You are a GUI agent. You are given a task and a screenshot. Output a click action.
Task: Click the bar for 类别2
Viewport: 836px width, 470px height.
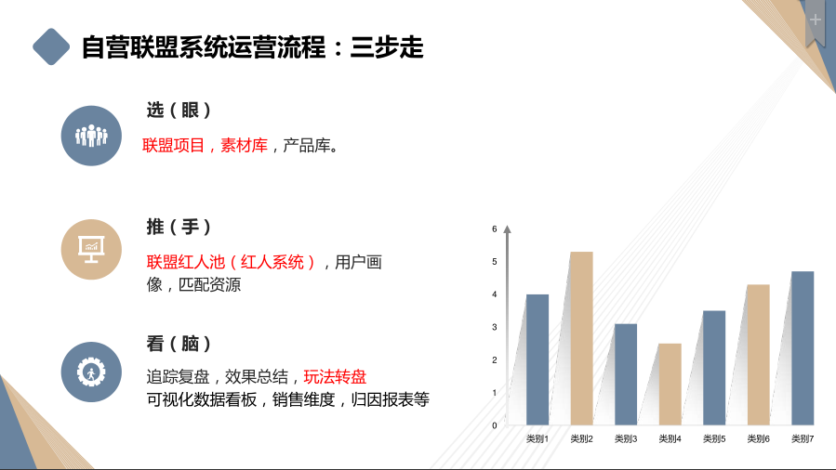(581, 338)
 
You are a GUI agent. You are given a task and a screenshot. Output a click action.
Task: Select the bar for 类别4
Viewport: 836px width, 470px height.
(670, 384)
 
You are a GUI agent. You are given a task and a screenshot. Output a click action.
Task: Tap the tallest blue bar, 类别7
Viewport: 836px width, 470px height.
(803, 347)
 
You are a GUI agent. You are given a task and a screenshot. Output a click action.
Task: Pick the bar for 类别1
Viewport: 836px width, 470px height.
(537, 359)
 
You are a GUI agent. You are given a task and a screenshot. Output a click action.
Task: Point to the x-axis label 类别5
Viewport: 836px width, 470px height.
(714, 438)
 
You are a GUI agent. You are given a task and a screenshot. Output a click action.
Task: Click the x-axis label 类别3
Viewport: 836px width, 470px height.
(626, 438)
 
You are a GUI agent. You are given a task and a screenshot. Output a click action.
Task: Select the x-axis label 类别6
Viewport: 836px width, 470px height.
(759, 438)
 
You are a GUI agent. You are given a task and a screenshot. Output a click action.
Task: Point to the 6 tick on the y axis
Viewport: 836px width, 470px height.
(495, 228)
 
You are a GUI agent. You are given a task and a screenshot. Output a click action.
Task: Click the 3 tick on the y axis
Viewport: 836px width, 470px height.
(495, 327)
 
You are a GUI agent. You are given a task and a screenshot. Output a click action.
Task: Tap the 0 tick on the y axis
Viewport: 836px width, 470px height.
(495, 425)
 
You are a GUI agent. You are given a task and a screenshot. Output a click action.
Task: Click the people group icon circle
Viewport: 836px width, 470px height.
(91, 136)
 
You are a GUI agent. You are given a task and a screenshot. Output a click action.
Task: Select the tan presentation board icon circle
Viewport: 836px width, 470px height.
(91, 249)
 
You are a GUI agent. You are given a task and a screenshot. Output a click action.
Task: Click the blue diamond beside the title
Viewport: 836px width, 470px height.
(51, 46)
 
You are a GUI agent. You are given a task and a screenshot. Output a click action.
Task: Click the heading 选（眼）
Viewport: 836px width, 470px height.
(179, 110)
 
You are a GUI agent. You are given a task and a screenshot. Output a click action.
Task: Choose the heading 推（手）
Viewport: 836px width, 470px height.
(179, 227)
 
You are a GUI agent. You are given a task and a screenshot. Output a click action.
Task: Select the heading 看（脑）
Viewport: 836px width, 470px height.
(179, 344)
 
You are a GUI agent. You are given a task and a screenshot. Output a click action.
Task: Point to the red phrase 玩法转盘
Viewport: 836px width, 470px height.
(335, 377)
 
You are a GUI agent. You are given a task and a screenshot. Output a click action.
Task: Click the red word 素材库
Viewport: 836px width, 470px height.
(244, 146)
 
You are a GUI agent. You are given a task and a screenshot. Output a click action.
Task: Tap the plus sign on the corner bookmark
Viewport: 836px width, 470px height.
(816, 19)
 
